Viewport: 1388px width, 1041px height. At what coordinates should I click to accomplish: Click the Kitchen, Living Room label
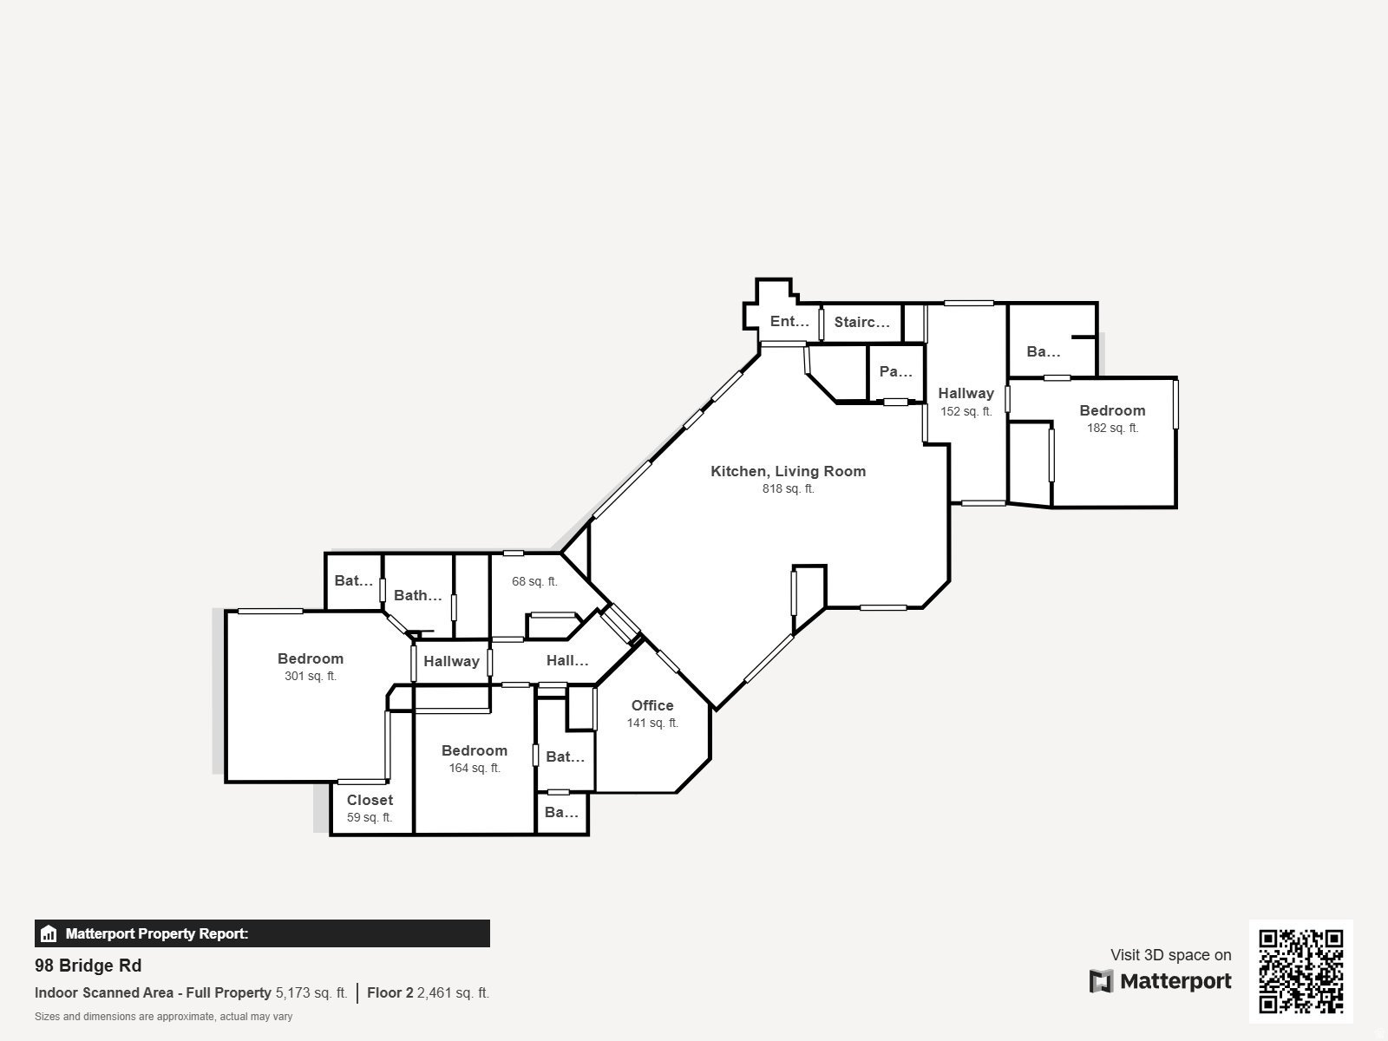pyautogui.click(x=788, y=471)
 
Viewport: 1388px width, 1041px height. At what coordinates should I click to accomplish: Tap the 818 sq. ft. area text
pyautogui.click(x=788, y=489)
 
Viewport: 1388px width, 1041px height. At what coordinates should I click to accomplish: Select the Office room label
pyautogui.click(x=652, y=705)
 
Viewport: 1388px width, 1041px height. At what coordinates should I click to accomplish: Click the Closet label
pyautogui.click(x=370, y=800)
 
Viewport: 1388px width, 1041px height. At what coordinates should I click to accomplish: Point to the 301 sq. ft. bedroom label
pyautogui.click(x=311, y=658)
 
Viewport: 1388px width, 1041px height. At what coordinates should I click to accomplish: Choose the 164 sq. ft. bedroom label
pyautogui.click(x=474, y=750)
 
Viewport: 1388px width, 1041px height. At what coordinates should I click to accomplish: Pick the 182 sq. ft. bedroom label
pyautogui.click(x=1112, y=410)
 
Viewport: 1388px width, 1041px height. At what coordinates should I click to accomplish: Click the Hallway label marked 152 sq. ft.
pyautogui.click(x=966, y=393)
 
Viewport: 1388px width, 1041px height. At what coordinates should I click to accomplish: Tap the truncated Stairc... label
pyautogui.click(x=861, y=322)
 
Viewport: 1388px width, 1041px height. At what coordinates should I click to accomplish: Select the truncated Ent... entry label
pyautogui.click(x=789, y=321)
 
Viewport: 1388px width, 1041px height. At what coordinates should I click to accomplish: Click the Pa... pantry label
pyautogui.click(x=895, y=371)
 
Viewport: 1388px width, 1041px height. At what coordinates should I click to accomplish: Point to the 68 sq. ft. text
pyautogui.click(x=534, y=581)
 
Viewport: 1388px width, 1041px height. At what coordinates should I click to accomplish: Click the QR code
pyautogui.click(x=1300, y=971)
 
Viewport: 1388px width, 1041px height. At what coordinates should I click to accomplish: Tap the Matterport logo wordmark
pyautogui.click(x=1161, y=981)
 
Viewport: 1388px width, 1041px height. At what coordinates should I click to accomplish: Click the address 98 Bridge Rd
pyautogui.click(x=88, y=966)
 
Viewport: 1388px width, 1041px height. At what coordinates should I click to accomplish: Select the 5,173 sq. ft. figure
pyautogui.click(x=311, y=992)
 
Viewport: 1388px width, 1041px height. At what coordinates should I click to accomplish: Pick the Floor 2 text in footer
pyautogui.click(x=390, y=992)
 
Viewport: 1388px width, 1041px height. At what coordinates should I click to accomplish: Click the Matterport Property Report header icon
pyautogui.click(x=49, y=934)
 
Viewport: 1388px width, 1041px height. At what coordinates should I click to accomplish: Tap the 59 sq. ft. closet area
pyautogui.click(x=370, y=817)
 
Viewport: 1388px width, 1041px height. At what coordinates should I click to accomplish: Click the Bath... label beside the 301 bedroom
pyautogui.click(x=417, y=595)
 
